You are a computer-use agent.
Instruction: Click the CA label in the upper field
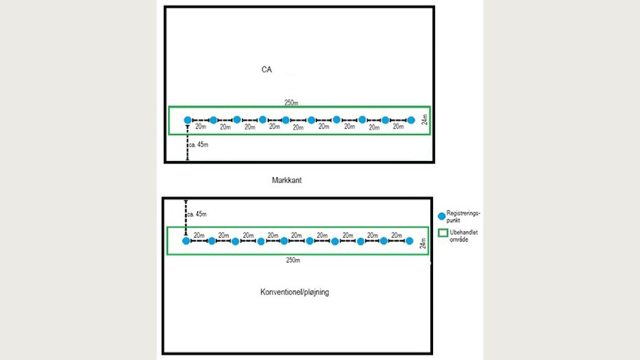267,70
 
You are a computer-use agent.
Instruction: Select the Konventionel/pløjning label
294,291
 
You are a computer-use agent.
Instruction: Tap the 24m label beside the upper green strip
423,121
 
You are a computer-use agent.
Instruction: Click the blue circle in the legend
442,216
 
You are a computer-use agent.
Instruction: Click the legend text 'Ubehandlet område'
464,236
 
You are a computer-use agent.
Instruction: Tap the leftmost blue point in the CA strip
187,120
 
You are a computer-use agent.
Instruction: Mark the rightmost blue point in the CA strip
411,120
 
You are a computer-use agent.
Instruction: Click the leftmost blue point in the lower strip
186,241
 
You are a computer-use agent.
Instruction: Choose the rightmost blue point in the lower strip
410,241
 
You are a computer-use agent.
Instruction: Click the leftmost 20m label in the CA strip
200,127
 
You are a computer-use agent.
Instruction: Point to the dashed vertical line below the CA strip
187,144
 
